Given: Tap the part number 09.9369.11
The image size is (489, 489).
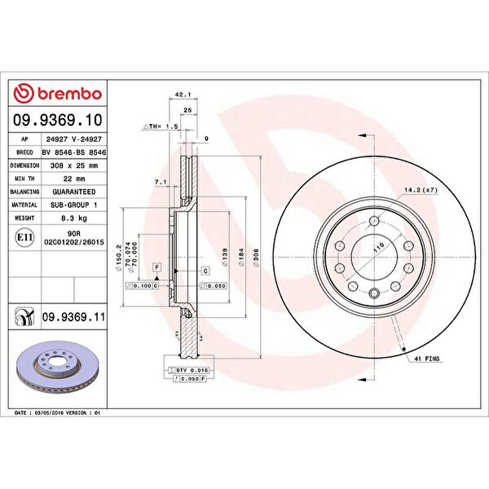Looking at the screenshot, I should click(x=75, y=315).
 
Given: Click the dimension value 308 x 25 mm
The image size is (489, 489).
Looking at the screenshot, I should click(x=75, y=164).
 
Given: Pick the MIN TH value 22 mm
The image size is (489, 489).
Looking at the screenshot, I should click(x=75, y=178).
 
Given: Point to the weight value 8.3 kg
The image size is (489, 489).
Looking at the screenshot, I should click(x=75, y=218).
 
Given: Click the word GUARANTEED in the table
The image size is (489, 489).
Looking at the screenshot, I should click(x=75, y=192).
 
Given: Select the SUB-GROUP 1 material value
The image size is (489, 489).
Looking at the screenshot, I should click(x=75, y=205).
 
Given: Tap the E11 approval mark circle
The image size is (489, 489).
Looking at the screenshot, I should click(x=24, y=238).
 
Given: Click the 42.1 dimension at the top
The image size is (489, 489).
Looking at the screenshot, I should click(x=183, y=95).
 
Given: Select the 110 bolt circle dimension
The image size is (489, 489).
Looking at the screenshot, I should click(x=378, y=245).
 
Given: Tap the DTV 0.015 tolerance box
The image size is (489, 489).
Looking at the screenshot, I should click(x=193, y=370).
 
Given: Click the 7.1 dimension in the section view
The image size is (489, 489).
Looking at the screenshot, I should click(x=161, y=183).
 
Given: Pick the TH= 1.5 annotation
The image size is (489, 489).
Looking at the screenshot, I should click(x=163, y=126).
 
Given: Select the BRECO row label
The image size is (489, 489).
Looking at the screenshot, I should click(x=24, y=151).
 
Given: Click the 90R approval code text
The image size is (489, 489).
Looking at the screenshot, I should click(x=75, y=234).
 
